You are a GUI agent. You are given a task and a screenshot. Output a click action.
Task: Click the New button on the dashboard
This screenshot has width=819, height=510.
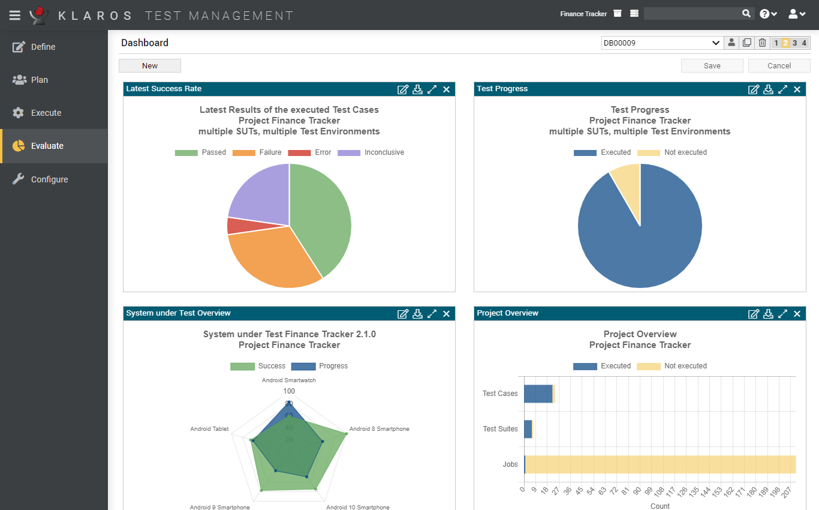coord(150,66)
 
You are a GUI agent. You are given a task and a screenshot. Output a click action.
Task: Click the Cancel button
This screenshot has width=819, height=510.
coord(779,66)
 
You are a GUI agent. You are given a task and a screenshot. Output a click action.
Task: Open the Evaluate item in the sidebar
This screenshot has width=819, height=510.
coord(47,146)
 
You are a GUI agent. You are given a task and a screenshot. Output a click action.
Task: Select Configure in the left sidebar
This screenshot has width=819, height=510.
coord(49,179)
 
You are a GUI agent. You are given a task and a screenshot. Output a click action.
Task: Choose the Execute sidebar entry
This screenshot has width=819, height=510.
coord(46,113)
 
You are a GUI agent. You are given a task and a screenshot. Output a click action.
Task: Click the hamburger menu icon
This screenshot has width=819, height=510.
coord(15,15)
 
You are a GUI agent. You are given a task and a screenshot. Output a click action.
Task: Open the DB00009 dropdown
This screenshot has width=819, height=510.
coord(661,43)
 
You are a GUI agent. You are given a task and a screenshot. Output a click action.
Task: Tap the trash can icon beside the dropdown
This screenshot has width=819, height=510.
coord(762,43)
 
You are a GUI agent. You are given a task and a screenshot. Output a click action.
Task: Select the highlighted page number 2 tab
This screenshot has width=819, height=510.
coord(785,43)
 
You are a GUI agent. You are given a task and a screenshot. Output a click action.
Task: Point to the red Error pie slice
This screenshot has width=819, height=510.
coord(234,226)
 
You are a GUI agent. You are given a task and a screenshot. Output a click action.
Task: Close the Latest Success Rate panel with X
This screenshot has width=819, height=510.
coord(446,89)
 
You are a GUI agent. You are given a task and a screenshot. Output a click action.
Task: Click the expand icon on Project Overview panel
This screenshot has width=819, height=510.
coord(782,314)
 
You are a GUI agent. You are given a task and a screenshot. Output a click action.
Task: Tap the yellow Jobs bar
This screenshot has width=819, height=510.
coord(660,464)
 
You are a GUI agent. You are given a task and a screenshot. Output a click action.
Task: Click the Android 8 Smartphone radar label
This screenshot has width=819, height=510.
coord(379,429)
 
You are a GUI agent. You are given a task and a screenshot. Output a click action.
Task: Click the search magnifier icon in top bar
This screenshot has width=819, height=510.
coord(746,13)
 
